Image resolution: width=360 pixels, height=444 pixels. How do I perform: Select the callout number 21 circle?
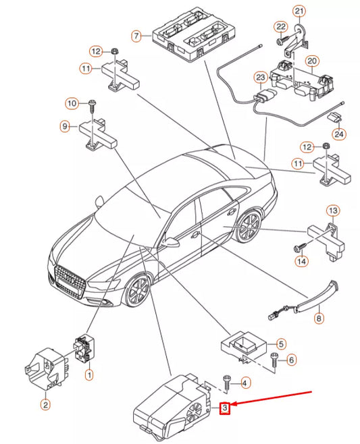click(299, 11)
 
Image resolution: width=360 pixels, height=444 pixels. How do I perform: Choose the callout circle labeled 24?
click(338, 134)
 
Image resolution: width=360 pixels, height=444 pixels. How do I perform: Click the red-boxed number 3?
click(226, 408)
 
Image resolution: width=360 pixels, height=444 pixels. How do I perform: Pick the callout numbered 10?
click(72, 103)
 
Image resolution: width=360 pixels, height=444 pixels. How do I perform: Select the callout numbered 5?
click(281, 343)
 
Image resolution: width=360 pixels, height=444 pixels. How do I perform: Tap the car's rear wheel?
click(249, 229)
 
